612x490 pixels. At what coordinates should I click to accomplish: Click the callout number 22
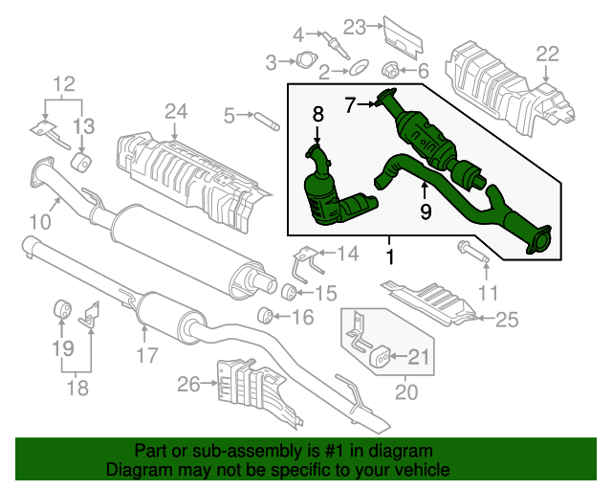(546, 55)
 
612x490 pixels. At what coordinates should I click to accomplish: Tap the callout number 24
(175, 112)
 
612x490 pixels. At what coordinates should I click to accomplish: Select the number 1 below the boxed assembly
(389, 256)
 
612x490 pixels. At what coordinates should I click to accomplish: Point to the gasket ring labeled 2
(359, 69)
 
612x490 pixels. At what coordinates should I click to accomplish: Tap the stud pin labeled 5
(266, 119)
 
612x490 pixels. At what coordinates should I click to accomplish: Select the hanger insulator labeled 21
(381, 358)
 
